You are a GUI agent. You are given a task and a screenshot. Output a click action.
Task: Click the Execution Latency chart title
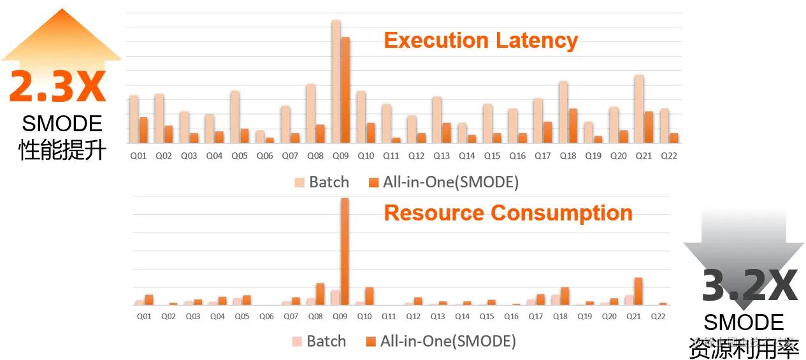click(x=481, y=41)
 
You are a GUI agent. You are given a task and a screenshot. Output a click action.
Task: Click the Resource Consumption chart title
click(x=508, y=213)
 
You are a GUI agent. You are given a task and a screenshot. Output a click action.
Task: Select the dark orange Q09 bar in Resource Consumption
click(x=345, y=252)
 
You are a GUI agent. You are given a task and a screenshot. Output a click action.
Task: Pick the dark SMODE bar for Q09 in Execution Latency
click(x=345, y=90)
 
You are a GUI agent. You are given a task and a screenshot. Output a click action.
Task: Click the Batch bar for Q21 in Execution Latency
click(x=638, y=109)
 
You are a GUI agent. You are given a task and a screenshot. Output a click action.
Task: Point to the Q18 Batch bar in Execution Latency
click(x=563, y=112)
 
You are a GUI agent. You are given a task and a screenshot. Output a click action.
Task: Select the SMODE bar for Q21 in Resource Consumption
click(x=638, y=291)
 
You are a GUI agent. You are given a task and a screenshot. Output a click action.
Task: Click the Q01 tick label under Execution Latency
click(x=138, y=155)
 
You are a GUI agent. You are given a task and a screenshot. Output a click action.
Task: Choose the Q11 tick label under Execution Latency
click(x=391, y=155)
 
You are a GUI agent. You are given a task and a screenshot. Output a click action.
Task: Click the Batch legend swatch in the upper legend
click(x=299, y=182)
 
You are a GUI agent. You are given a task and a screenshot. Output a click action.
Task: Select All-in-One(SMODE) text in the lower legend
click(x=448, y=342)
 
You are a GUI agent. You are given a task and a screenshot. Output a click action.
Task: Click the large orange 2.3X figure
click(x=57, y=87)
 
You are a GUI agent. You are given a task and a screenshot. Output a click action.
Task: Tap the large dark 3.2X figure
click(x=749, y=287)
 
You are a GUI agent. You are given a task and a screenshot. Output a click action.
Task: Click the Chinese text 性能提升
click(x=62, y=149)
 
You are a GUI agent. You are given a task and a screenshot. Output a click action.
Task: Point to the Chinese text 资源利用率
click(x=744, y=348)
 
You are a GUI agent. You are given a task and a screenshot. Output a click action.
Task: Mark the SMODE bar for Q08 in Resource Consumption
click(x=320, y=294)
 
